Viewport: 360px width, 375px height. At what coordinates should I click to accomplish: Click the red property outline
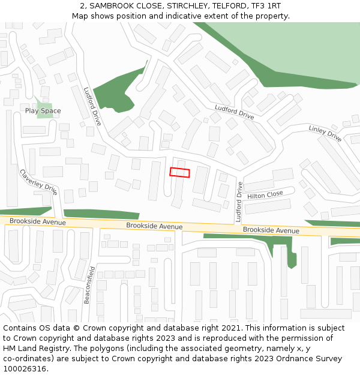click(179, 172)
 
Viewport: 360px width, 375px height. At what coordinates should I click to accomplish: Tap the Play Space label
click(43, 111)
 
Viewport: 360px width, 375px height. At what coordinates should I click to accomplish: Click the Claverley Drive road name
click(38, 182)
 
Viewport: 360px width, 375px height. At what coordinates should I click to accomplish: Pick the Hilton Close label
click(265, 195)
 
